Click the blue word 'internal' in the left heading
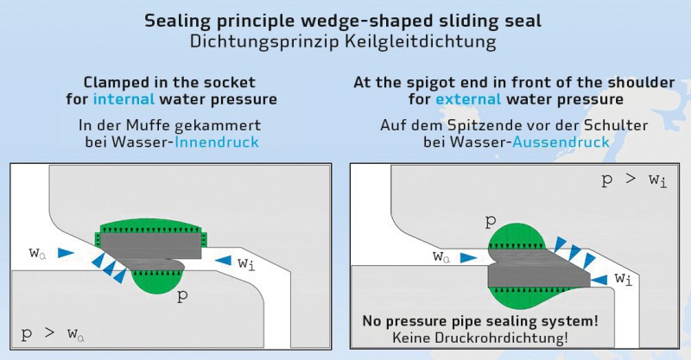(x=124, y=98)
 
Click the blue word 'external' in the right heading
(x=468, y=98)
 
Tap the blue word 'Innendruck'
(x=217, y=142)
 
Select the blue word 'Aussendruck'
(x=561, y=142)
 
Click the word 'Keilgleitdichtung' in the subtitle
(x=421, y=41)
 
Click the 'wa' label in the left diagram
(x=37, y=253)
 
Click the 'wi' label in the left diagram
(x=246, y=263)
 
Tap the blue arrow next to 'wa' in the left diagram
(x=67, y=252)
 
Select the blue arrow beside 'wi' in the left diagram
(x=223, y=261)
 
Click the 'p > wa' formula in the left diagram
(x=53, y=334)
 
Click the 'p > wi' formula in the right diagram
(x=635, y=180)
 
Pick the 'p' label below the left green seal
(x=182, y=295)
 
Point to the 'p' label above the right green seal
(x=491, y=221)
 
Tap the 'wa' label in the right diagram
(x=441, y=256)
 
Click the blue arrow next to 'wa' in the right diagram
(x=468, y=258)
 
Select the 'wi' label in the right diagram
(x=624, y=279)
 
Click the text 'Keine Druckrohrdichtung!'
(x=480, y=338)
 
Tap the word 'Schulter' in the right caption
(x=616, y=125)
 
